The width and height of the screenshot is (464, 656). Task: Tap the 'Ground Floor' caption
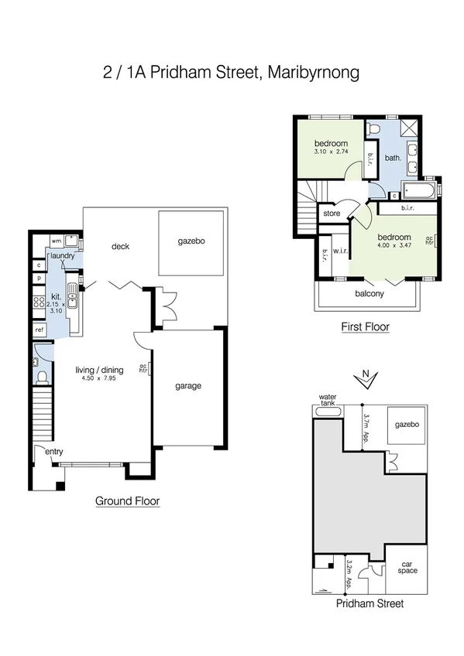127,501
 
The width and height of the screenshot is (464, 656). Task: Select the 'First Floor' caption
365,327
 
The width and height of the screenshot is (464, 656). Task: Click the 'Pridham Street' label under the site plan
369,604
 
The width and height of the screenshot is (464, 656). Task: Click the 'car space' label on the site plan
407,567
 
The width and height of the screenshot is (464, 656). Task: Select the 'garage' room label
188,386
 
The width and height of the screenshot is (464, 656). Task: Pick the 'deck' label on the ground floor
120,247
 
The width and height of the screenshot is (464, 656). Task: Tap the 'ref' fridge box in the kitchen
40,330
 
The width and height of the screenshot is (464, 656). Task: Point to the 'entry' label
55,452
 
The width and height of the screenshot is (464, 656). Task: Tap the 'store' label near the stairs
332,213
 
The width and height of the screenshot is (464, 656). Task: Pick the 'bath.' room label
392,159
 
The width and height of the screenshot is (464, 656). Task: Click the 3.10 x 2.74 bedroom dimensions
331,152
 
